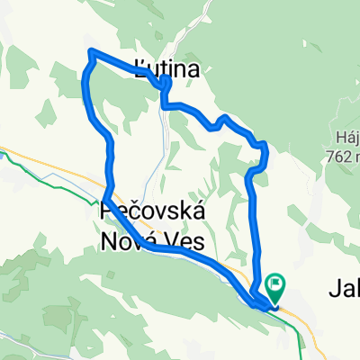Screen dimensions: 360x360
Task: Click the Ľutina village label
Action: (x=165, y=65)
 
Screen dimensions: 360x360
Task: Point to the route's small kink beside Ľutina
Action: (x=166, y=84)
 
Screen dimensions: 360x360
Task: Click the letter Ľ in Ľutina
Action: (x=138, y=65)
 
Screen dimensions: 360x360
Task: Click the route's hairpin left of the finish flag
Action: (x=253, y=297)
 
